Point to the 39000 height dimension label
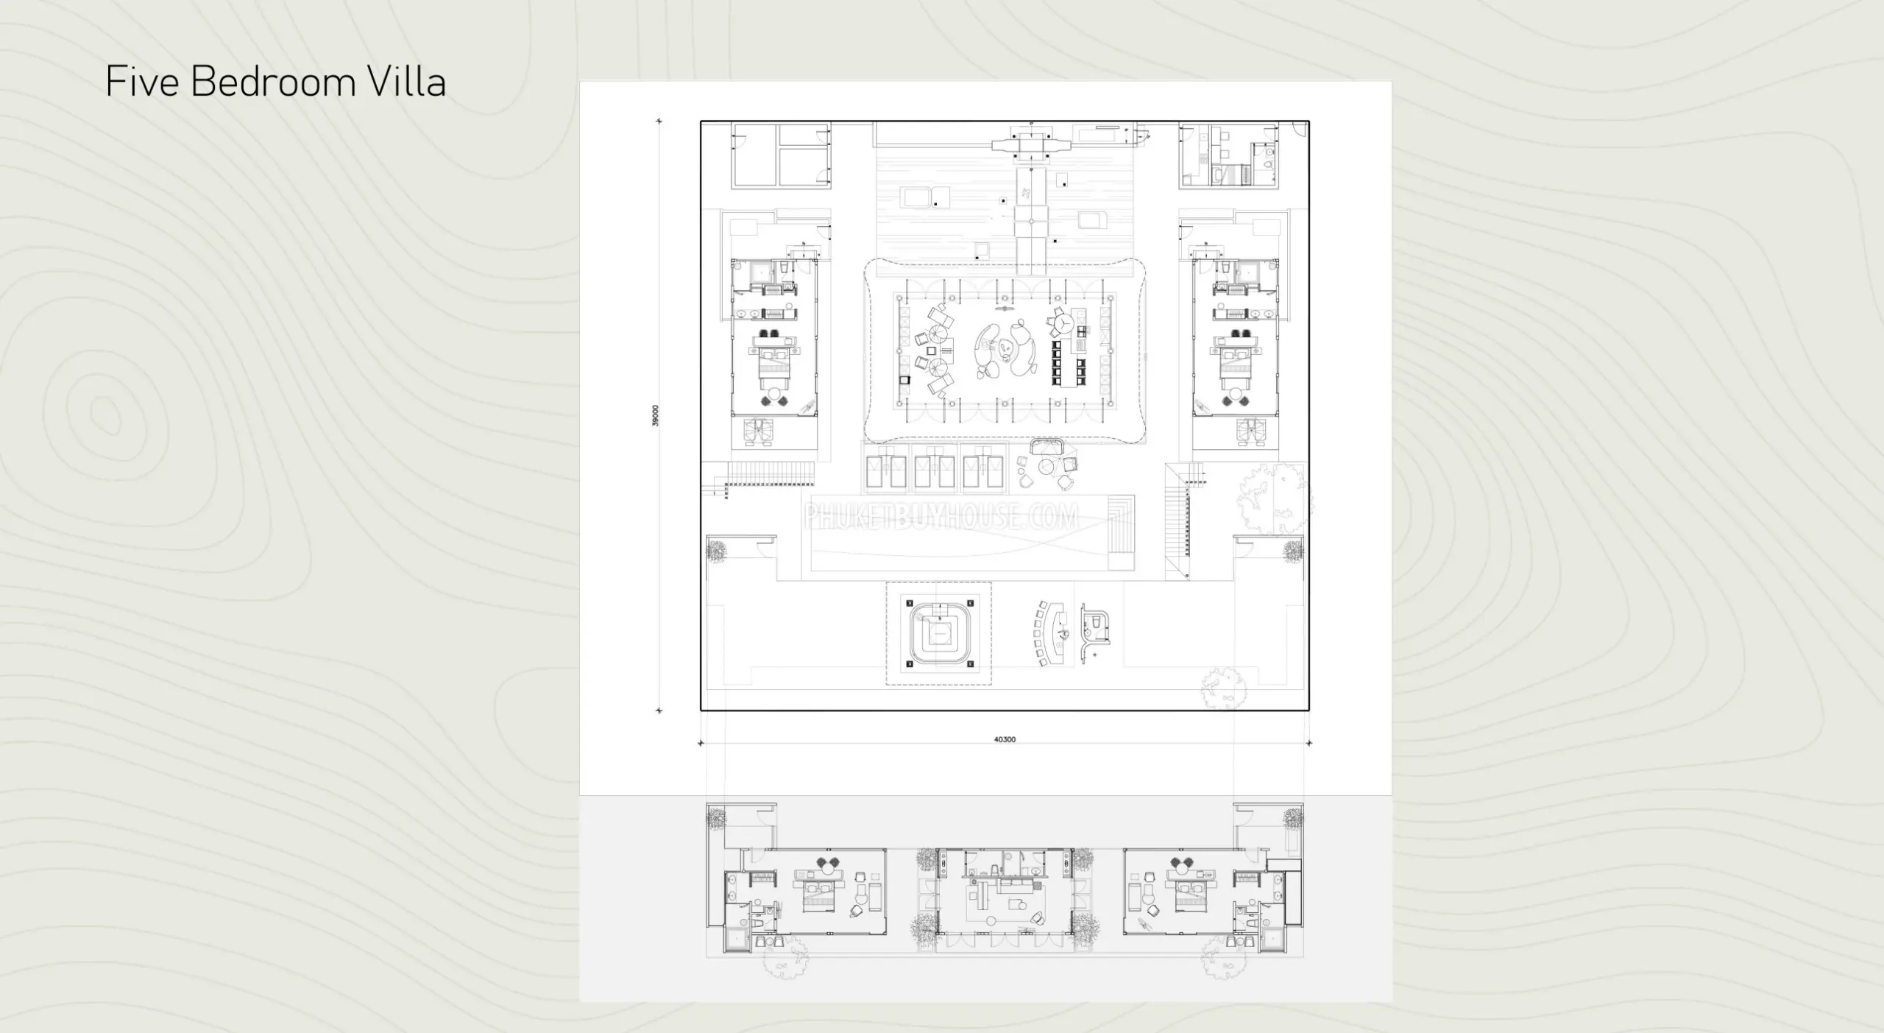[656, 415]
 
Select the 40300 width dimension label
[1005, 739]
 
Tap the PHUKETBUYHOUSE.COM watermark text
[941, 516]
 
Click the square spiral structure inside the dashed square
[938, 633]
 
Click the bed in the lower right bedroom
[1186, 894]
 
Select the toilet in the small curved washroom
[1096, 623]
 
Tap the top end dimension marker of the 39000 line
[659, 121]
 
